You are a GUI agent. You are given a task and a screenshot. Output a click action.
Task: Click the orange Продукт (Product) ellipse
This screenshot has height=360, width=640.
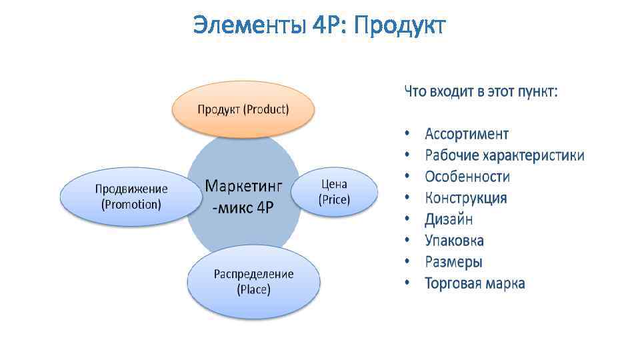243,109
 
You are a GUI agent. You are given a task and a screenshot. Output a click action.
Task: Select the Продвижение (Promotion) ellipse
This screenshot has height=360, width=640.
131,197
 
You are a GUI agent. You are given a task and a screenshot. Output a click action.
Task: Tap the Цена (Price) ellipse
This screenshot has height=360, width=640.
335,191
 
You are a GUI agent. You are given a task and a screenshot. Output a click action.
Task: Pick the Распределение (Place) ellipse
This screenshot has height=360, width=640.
253,281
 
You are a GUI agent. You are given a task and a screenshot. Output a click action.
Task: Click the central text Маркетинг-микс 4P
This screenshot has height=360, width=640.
243,195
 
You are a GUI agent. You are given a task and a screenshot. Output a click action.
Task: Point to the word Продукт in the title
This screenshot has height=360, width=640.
399,26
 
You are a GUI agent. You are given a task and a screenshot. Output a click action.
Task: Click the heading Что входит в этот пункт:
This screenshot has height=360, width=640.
481,92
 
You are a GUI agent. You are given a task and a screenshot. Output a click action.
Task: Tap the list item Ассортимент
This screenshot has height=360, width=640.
467,134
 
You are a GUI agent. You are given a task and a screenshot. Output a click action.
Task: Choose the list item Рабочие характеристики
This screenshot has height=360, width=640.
505,155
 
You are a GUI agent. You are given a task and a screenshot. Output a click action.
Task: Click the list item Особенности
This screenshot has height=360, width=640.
467,177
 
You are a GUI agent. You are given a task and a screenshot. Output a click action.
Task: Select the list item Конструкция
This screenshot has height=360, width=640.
465,198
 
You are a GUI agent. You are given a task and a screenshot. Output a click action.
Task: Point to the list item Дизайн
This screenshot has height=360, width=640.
449,219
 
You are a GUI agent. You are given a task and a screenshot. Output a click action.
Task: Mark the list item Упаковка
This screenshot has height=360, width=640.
454,241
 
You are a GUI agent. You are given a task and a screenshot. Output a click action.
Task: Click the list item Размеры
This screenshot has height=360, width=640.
453,262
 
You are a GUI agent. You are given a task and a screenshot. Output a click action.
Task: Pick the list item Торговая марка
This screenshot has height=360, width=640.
475,283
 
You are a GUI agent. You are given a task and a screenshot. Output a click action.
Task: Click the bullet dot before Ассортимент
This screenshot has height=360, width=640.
407,134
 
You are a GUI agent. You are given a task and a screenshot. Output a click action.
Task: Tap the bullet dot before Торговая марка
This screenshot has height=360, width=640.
407,283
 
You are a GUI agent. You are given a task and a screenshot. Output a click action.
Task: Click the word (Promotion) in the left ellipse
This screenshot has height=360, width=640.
131,205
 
